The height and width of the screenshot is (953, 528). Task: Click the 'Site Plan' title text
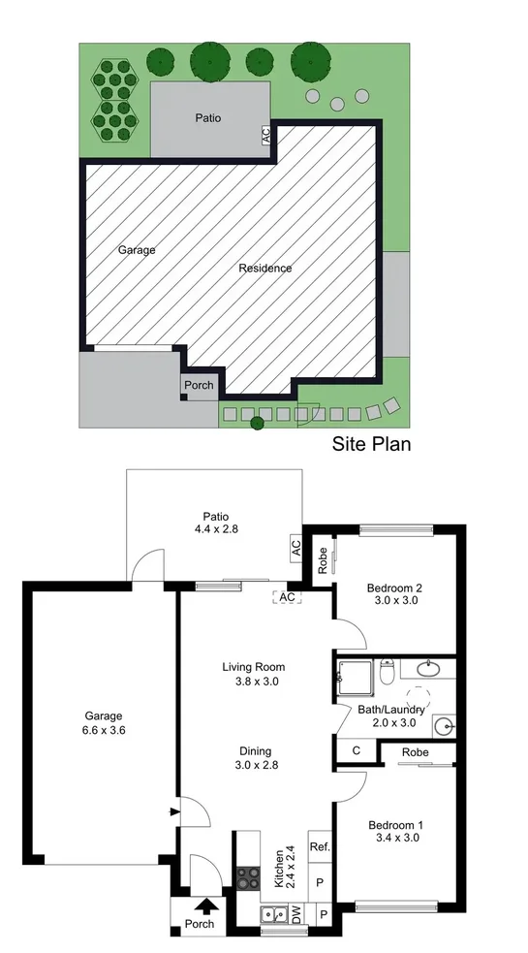(x=371, y=444)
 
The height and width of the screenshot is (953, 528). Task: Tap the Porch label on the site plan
(x=199, y=385)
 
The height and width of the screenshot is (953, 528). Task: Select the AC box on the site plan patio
(x=265, y=135)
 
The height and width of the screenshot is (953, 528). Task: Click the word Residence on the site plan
(x=264, y=268)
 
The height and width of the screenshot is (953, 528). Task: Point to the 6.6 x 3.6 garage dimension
(x=104, y=731)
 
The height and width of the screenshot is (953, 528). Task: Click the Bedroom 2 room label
(x=394, y=588)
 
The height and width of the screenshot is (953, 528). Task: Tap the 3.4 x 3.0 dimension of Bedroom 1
(x=395, y=838)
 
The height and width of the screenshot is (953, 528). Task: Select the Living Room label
(x=254, y=667)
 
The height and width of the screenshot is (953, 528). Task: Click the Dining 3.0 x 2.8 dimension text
(x=257, y=765)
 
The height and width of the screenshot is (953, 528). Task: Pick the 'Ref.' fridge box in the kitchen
(x=321, y=846)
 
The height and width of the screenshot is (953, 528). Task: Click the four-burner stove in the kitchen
(x=248, y=879)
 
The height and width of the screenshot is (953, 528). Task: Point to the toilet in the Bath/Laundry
(x=387, y=671)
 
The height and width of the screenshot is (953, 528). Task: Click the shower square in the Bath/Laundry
(x=356, y=679)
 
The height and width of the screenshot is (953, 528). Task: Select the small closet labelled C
(x=357, y=750)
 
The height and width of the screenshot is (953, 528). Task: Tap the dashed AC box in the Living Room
(x=288, y=597)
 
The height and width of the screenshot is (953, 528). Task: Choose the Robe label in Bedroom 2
(x=323, y=556)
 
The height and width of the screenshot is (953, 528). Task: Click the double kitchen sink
(x=274, y=913)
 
